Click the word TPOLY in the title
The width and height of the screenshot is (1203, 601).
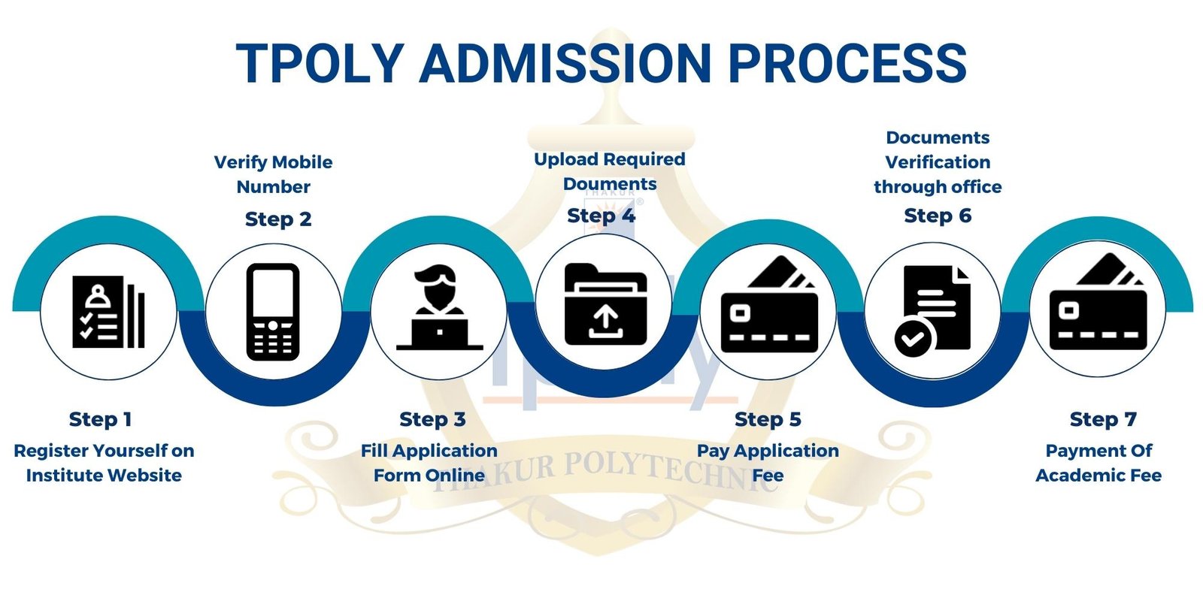(x=320, y=63)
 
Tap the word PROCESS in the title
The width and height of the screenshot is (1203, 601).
(x=847, y=63)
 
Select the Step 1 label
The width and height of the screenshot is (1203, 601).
(x=101, y=419)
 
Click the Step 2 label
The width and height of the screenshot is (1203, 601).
(x=278, y=219)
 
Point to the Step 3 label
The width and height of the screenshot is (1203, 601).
(x=432, y=419)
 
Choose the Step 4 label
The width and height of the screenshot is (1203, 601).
(x=601, y=216)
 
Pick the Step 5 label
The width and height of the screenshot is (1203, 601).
(x=768, y=419)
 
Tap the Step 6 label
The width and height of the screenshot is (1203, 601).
(x=938, y=216)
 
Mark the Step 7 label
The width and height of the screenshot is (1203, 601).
(x=1103, y=419)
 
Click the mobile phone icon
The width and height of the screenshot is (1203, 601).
(x=273, y=312)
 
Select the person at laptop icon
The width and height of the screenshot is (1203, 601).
(x=439, y=307)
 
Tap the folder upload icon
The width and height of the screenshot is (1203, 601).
(x=606, y=304)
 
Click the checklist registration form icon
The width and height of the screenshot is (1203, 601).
(x=108, y=312)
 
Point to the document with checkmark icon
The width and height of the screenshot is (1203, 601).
(x=932, y=311)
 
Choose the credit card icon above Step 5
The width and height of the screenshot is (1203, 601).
(x=769, y=304)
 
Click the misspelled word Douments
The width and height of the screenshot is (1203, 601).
(x=610, y=184)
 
